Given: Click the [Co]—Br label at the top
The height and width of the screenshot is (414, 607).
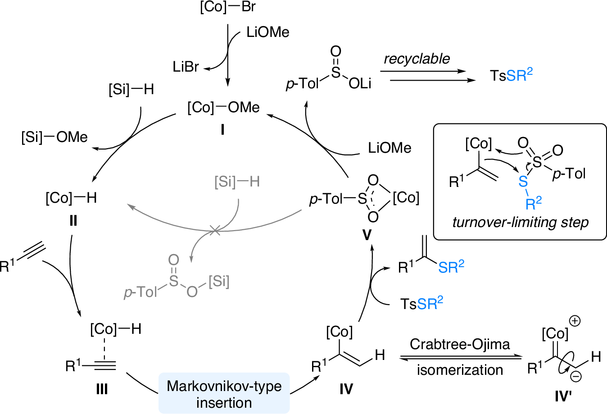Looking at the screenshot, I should [x=228, y=8].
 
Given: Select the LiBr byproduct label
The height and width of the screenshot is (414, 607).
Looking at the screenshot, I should [x=186, y=67].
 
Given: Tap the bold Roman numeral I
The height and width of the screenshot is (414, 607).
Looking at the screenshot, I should [x=222, y=130].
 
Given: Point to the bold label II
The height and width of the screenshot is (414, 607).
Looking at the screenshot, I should [x=73, y=220].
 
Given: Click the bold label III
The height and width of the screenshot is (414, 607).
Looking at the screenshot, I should [x=102, y=388].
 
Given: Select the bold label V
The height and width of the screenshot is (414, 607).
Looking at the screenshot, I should [x=367, y=235].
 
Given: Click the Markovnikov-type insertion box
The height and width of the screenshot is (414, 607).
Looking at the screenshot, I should [x=224, y=393].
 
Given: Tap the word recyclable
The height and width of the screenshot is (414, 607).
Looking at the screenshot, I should [x=417, y=59].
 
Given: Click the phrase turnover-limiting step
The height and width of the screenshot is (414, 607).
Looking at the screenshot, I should [x=520, y=222].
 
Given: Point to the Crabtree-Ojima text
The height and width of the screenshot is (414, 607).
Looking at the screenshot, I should [x=460, y=344].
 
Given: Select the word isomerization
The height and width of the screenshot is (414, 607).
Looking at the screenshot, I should [x=460, y=370].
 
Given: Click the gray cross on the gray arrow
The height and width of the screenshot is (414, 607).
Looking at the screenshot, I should [x=215, y=232].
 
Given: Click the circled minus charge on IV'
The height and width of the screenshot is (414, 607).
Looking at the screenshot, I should [x=575, y=376].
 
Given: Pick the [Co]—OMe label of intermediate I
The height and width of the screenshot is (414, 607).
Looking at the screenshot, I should [x=223, y=107].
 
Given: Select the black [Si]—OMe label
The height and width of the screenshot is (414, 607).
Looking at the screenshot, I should [x=54, y=137].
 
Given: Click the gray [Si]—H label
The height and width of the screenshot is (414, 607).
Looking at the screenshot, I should [x=237, y=182].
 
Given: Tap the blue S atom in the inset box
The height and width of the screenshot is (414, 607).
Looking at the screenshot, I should [x=523, y=181].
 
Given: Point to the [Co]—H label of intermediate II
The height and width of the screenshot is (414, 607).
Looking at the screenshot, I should [x=71, y=198].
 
